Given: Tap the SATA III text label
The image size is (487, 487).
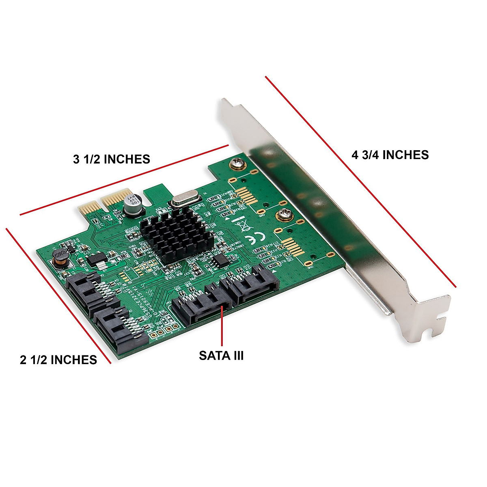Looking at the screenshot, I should click(x=221, y=356).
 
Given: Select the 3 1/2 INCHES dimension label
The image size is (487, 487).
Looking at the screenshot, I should click(x=112, y=159).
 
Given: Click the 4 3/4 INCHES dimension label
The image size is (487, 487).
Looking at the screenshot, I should click(x=390, y=155).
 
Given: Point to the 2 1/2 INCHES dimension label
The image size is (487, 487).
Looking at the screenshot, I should click(x=58, y=360).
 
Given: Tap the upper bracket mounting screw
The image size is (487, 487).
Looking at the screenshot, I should click(x=237, y=164).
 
